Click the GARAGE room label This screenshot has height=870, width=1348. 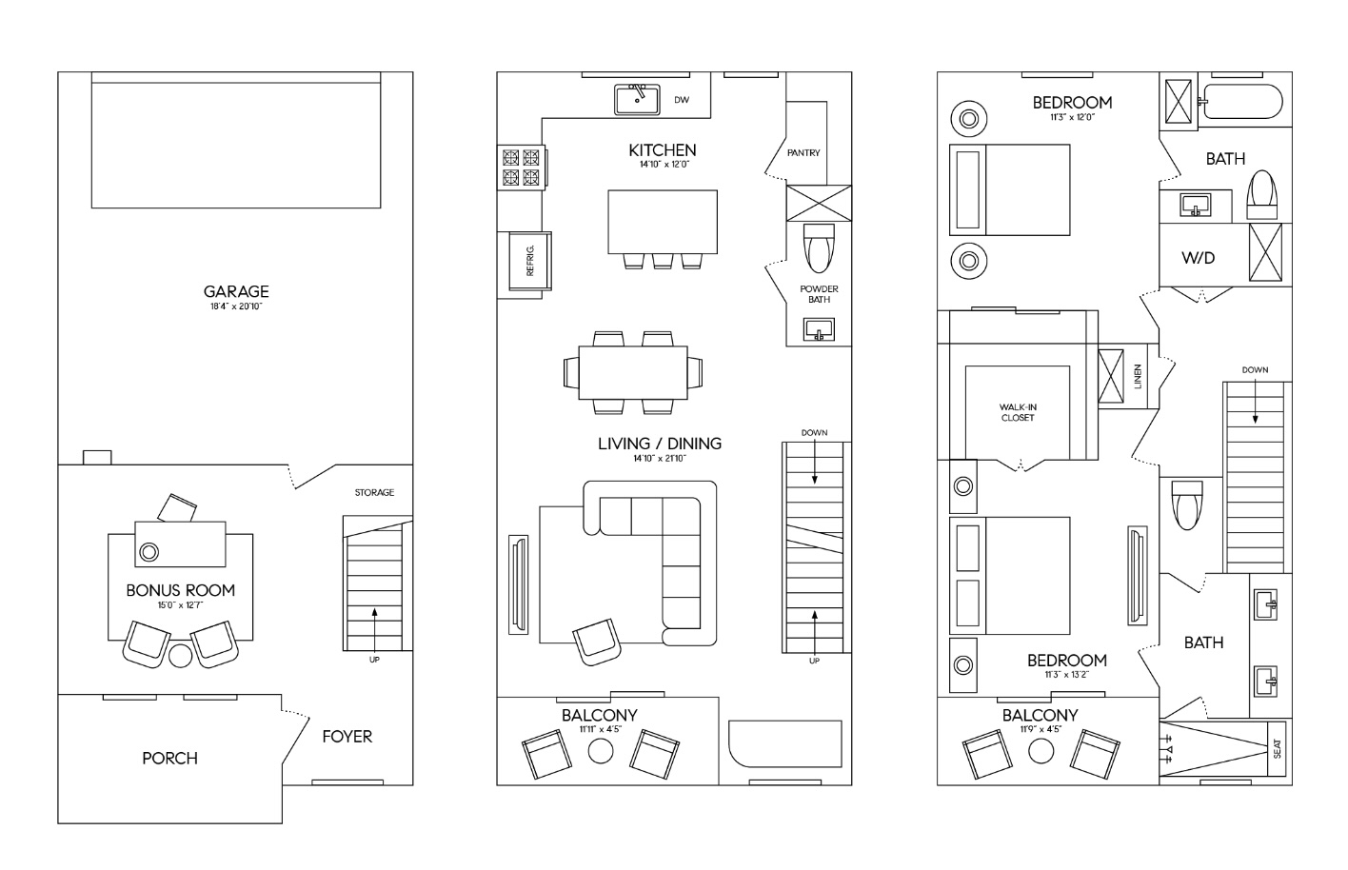coord(236,291)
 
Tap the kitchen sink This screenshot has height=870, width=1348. coord(638,99)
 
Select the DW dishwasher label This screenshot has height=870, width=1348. coord(682,100)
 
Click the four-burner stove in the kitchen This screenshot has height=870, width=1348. coord(520,168)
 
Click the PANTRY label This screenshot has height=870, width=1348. coord(803,152)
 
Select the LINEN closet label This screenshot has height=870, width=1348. coord(1138,377)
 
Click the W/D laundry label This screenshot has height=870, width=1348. coord(1198,258)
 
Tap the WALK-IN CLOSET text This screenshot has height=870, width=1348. coord(1018,412)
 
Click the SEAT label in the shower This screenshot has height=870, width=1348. coord(1278,749)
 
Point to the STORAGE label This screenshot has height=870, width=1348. coord(374,492)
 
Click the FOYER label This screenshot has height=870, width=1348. coord(347,736)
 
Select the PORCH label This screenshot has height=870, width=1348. coord(169,758)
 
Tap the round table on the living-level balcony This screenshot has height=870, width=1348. coord(600,751)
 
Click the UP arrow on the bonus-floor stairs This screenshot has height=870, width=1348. coord(374,623)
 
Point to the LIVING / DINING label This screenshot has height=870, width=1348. coord(660,444)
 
